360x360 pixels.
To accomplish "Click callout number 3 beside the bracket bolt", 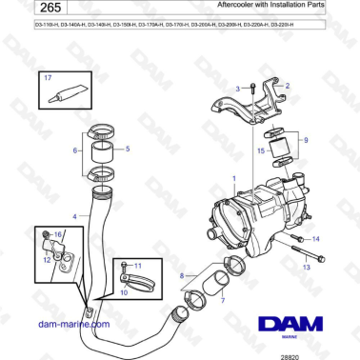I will (x=238, y=88).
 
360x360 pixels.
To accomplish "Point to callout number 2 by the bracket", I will (x=288, y=85).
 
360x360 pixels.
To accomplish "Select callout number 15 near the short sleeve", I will (x=260, y=150).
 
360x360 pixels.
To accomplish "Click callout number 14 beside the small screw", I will (x=316, y=238).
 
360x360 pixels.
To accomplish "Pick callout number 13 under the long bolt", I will (x=307, y=268).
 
